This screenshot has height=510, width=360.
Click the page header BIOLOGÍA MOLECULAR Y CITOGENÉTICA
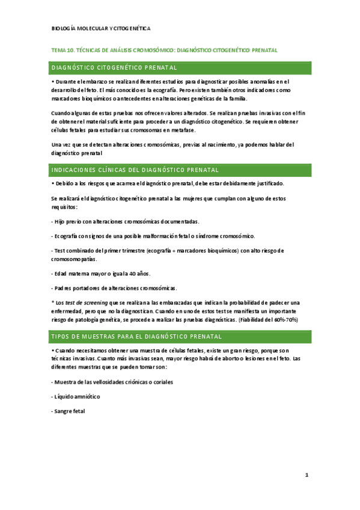(101, 28)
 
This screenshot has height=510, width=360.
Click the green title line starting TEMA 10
(163, 51)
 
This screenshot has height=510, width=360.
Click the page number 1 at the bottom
(307, 475)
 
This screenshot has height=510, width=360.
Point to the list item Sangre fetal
(69, 411)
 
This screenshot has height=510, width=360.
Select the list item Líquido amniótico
(76, 396)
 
